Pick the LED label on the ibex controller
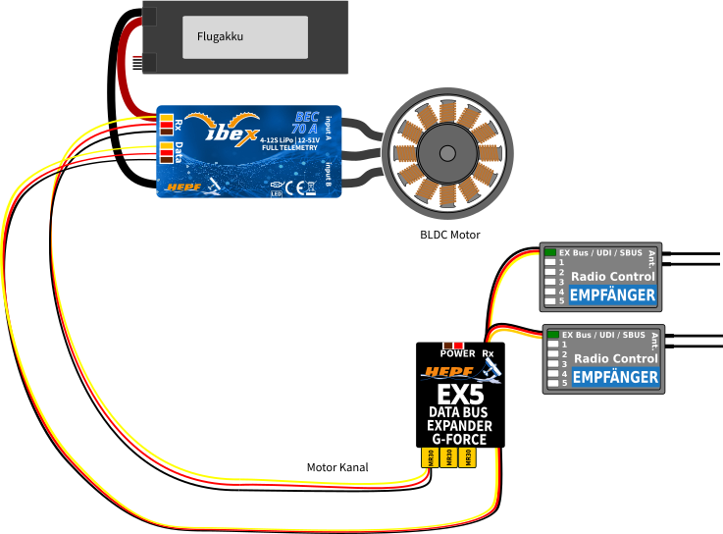pyautogui.click(x=278, y=193)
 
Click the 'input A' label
pyautogui.click(x=328, y=128)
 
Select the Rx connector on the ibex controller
pyautogui.click(x=167, y=124)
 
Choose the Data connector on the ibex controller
pyautogui.click(x=167, y=152)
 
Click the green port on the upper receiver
pyautogui.click(x=551, y=253)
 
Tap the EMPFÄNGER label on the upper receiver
pyautogui.click(x=613, y=294)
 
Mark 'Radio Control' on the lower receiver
pyautogui.click(x=615, y=358)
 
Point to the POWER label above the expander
pyautogui.click(x=457, y=353)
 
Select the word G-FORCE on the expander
pyautogui.click(x=459, y=439)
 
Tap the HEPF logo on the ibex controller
pyautogui.click(x=183, y=186)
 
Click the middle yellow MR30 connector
pyautogui.click(x=448, y=457)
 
